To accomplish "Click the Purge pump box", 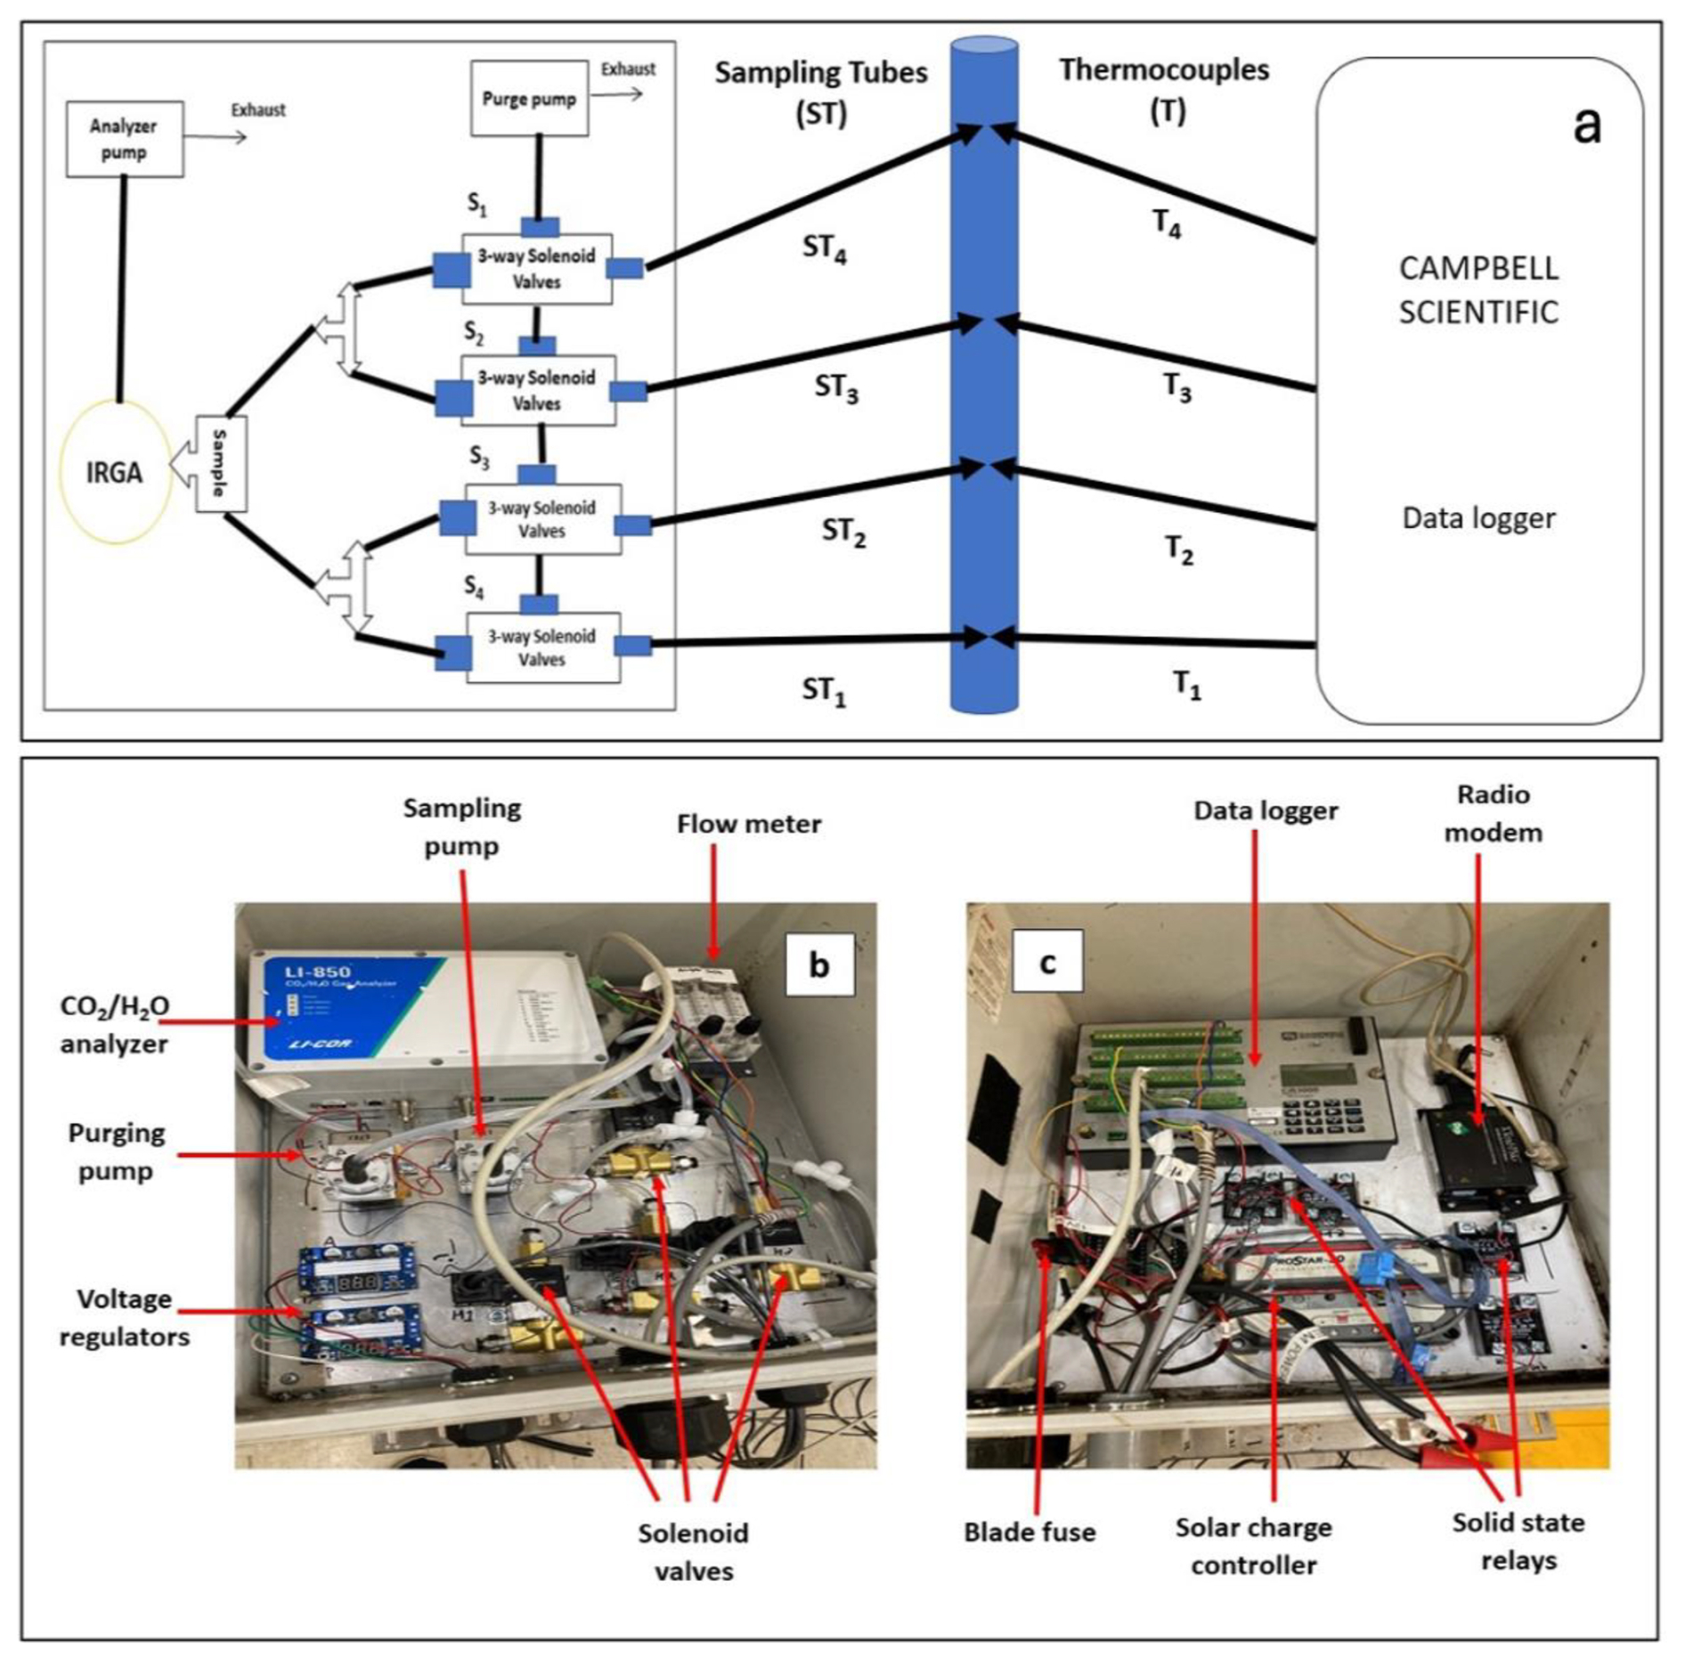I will coord(529,98).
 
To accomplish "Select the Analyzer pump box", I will coord(125,139).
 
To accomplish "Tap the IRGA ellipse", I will coord(114,472).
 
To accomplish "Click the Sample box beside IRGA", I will coord(220,463).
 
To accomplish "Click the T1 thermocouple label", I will coord(1185,685).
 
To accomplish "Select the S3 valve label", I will coord(479,458).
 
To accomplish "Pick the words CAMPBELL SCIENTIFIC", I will coord(1478,290).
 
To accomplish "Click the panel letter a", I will coord(1587,126).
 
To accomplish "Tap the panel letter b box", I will coord(819,964).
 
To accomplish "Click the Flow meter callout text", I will coord(749,824).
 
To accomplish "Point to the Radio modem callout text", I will coord(1494,813).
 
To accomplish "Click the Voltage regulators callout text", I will coord(124,1318).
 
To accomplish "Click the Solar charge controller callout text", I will coord(1253,1546).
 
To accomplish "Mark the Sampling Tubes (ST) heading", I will coord(821,93).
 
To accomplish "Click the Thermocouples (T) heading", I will coord(1164,89).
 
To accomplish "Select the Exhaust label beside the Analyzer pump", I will coord(258,110).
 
